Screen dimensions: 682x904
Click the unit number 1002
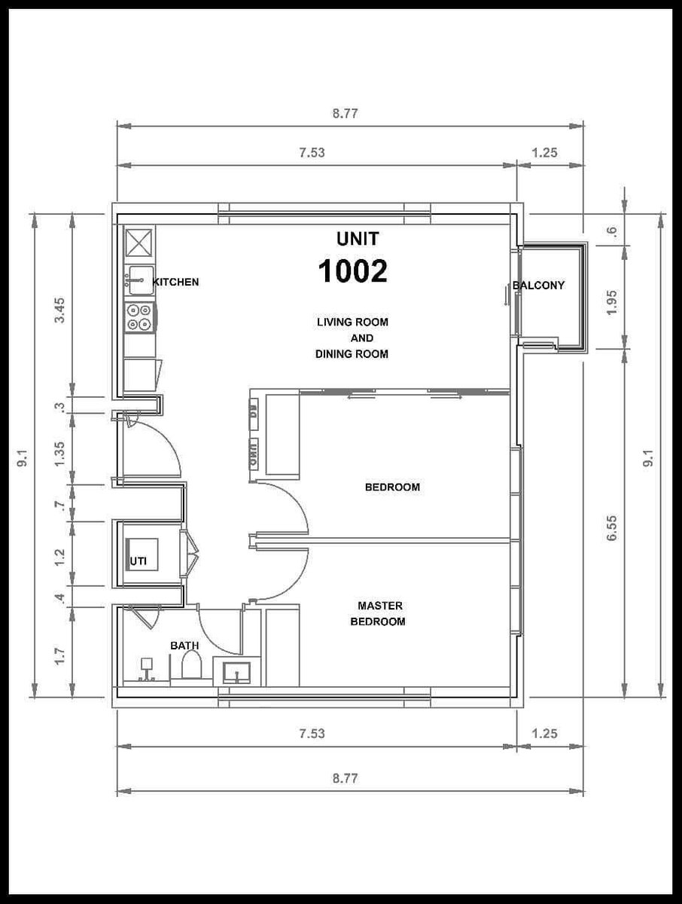click(352, 271)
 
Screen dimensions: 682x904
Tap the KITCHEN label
click(175, 282)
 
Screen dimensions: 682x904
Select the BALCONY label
click(538, 286)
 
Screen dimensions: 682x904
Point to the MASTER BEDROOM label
click(379, 614)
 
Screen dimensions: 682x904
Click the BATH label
click(184, 646)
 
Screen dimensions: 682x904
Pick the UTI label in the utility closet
click(139, 561)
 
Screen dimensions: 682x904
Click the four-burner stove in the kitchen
click(139, 318)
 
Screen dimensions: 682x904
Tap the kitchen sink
click(140, 280)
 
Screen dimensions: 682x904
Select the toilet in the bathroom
click(192, 667)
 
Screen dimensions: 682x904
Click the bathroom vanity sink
click(236, 673)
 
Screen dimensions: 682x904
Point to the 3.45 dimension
click(59, 310)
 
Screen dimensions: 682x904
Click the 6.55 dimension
click(612, 528)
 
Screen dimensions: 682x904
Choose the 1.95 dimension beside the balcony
click(612, 303)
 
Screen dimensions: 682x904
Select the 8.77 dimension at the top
click(346, 113)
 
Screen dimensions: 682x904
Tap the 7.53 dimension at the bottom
click(312, 734)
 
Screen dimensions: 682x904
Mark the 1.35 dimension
click(59, 454)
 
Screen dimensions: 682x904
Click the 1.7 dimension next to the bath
click(59, 656)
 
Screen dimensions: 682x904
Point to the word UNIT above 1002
click(358, 239)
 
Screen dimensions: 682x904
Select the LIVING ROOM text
click(352, 322)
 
